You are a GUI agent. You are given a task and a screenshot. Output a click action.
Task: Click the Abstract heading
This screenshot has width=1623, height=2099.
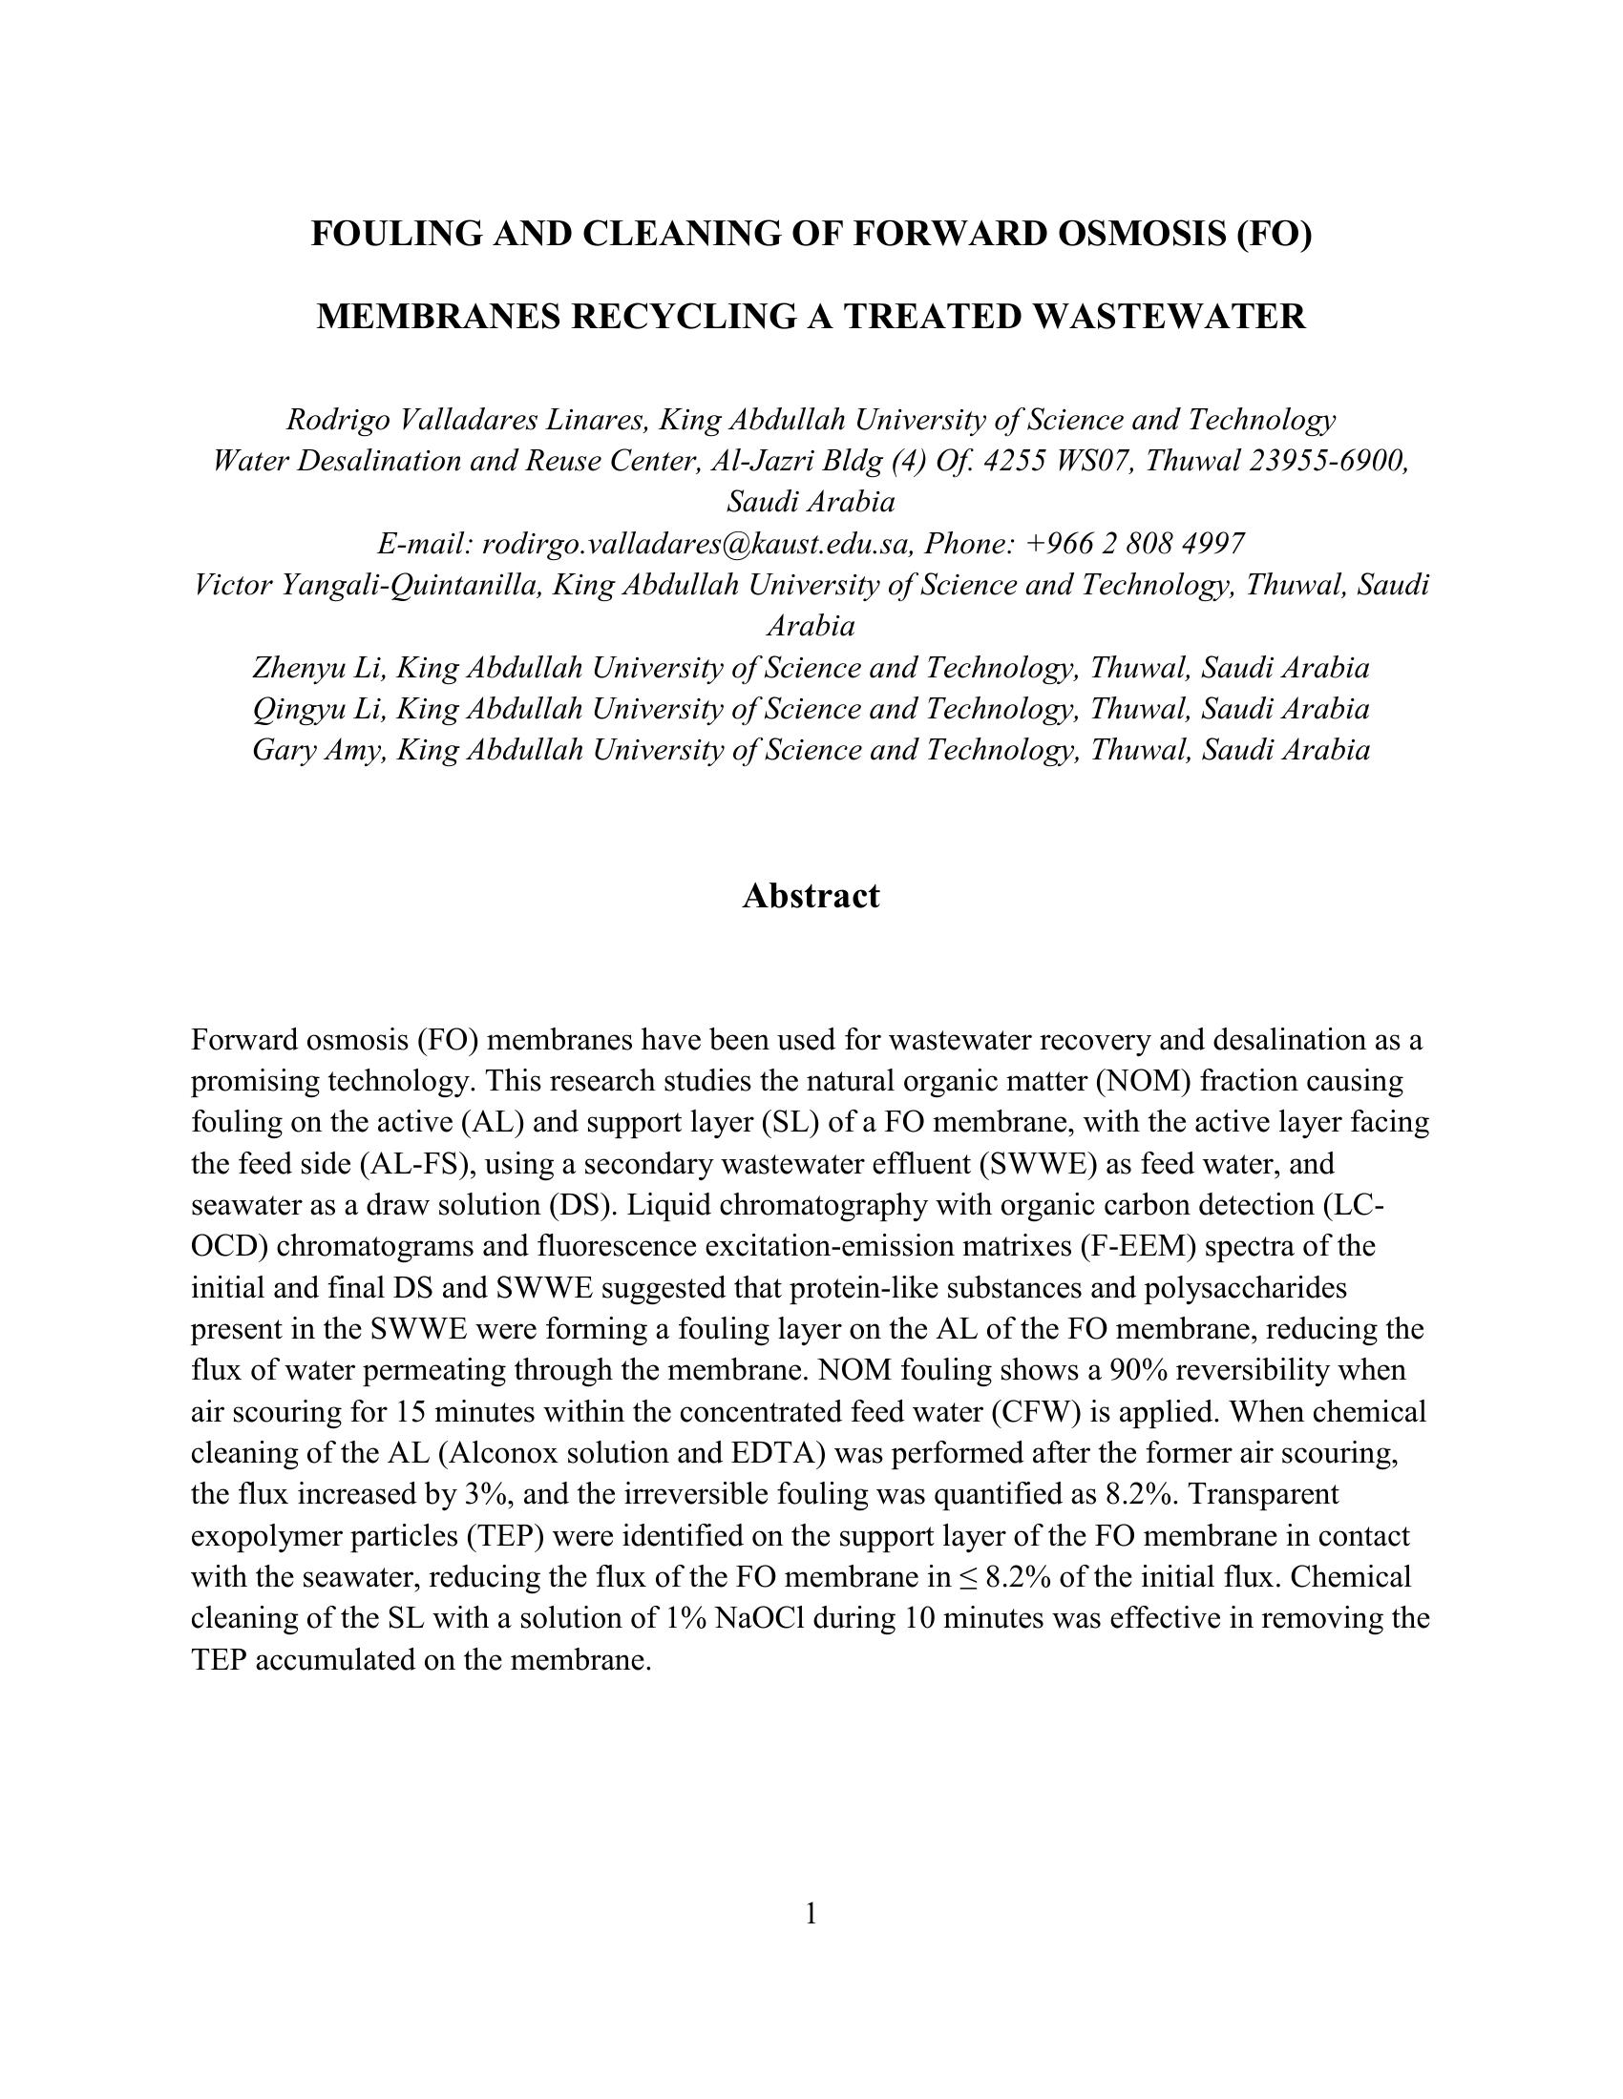tap(811, 896)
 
